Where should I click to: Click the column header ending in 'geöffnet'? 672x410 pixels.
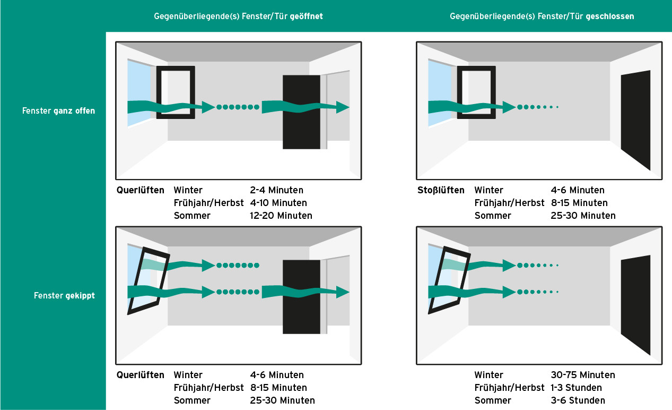tap(238, 16)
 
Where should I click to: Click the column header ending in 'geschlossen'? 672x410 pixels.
tap(542, 16)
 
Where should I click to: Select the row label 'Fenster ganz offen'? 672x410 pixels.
tap(59, 111)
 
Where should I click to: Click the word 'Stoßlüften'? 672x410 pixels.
tap(441, 190)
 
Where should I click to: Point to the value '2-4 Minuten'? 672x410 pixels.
tap(277, 190)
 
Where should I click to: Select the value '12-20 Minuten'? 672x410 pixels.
tap(281, 216)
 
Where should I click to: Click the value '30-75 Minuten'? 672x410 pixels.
tap(583, 375)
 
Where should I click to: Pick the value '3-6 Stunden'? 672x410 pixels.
tap(578, 400)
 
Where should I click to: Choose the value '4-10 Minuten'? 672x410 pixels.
tap(278, 203)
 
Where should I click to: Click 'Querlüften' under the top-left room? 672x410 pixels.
tap(140, 190)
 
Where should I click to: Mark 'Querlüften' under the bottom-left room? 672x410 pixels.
tap(140, 375)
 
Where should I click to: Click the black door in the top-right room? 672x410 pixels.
tap(635, 119)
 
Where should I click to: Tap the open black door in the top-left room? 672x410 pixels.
tap(301, 127)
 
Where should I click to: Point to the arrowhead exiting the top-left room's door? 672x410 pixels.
tap(343, 107)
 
